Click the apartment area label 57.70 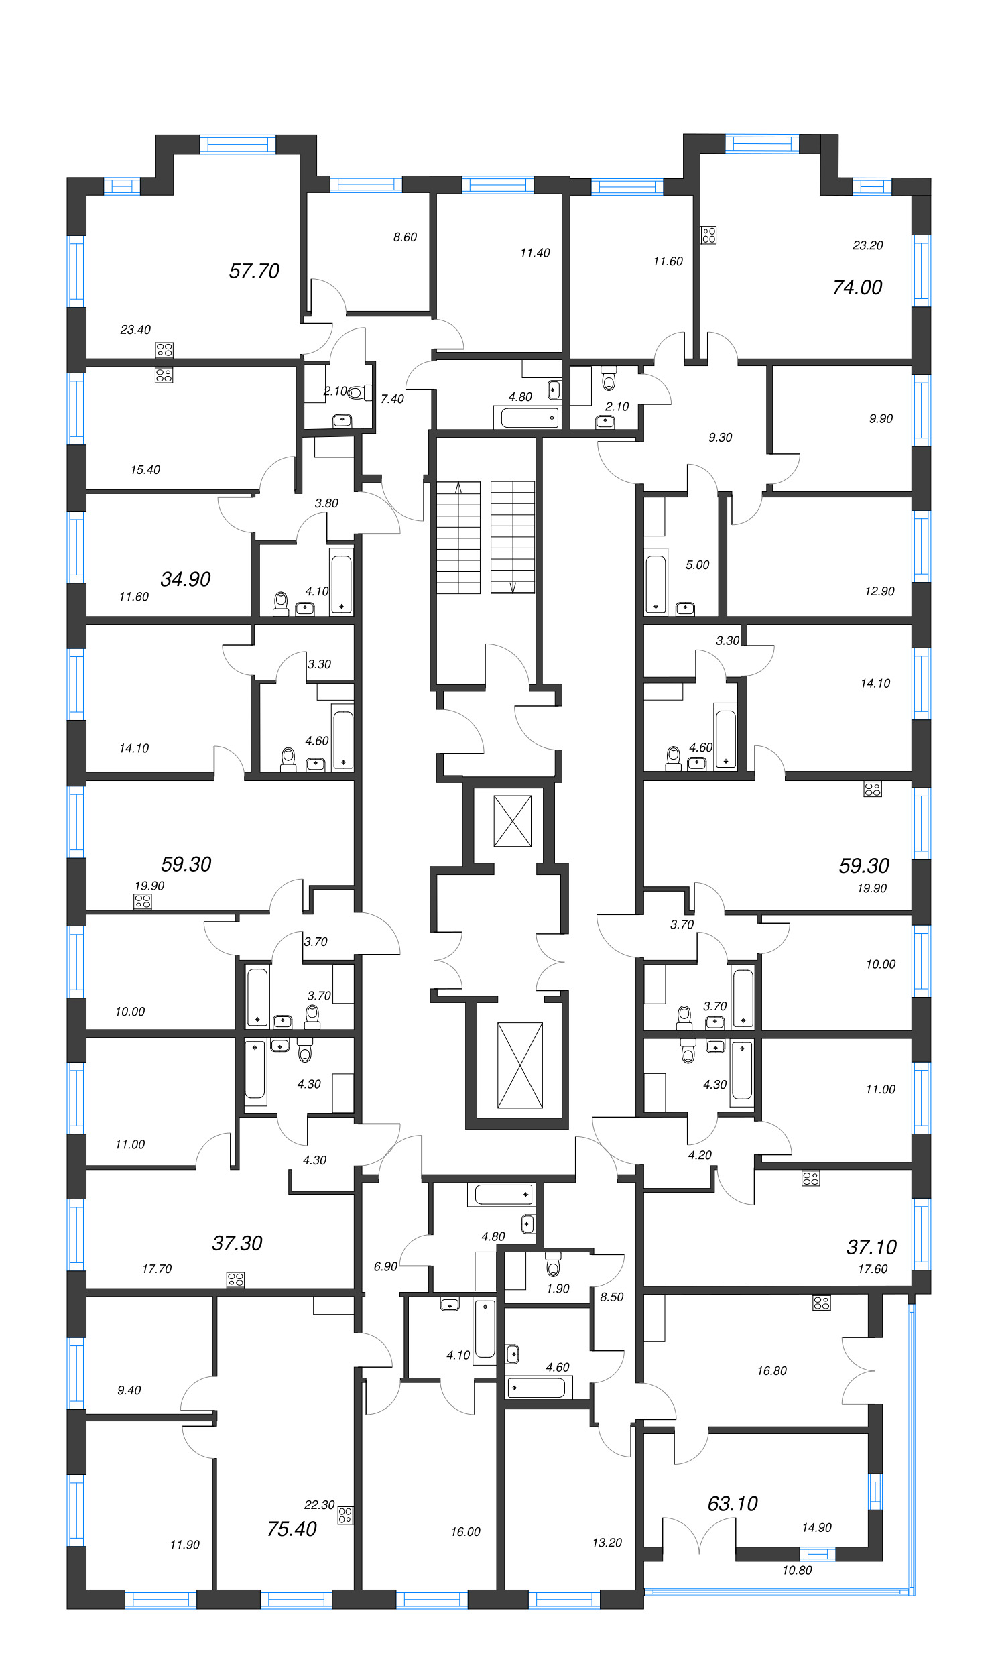pos(253,271)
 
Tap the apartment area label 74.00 pos(857,287)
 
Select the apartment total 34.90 pos(185,579)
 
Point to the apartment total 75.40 pos(291,1529)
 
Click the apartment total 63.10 pos(732,1503)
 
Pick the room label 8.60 pos(405,237)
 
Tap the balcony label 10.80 pos(796,1570)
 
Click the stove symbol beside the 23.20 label pos(708,235)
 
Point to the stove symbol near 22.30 pos(345,1515)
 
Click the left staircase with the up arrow pos(458,538)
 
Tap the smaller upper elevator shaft pos(513,821)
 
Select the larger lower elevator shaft pos(519,1065)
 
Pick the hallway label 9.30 pos(720,438)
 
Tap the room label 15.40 pos(145,469)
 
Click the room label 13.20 pos(607,1542)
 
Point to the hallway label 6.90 pos(385,1266)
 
